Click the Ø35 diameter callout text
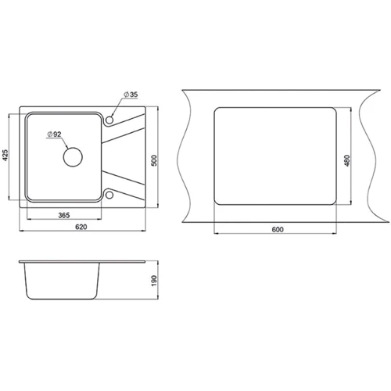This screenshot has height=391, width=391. pyautogui.click(x=131, y=95)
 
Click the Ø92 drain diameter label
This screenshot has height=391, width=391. pyautogui.click(x=54, y=135)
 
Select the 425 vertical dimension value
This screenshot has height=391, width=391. pyautogui.click(x=5, y=155)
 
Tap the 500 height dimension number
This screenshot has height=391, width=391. pyautogui.click(x=154, y=160)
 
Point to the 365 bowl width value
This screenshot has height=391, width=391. pyautogui.click(x=64, y=215)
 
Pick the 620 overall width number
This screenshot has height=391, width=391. pyautogui.click(x=81, y=227)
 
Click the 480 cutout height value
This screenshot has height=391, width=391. pyautogui.click(x=347, y=160)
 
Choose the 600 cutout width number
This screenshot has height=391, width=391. pyautogui.click(x=278, y=230)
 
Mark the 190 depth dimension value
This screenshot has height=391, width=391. pyautogui.click(x=154, y=280)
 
